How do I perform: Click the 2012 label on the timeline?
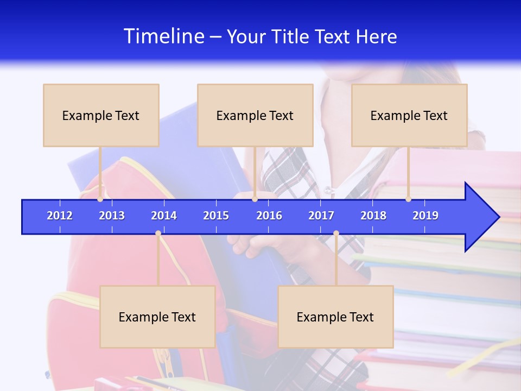click(x=60, y=216)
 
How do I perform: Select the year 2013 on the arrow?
click(x=112, y=216)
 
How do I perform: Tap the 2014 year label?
click(x=164, y=216)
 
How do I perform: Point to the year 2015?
click(x=216, y=216)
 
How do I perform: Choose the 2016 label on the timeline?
click(x=269, y=216)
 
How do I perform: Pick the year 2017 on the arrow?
click(x=321, y=216)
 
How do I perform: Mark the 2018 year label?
click(x=373, y=216)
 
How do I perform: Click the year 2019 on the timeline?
click(x=425, y=216)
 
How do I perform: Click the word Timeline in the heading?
click(x=163, y=36)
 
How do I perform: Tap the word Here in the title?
click(x=377, y=37)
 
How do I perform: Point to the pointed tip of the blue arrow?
click(x=498, y=217)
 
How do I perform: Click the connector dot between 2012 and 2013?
click(x=100, y=199)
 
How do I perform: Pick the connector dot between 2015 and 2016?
click(x=255, y=199)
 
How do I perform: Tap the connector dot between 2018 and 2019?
click(x=408, y=199)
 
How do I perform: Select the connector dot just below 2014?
click(x=158, y=234)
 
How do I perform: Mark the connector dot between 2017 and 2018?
click(x=336, y=234)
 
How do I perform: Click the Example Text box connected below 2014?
click(x=157, y=317)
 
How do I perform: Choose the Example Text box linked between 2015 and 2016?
click(x=255, y=115)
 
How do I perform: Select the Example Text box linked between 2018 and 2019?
click(x=409, y=115)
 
